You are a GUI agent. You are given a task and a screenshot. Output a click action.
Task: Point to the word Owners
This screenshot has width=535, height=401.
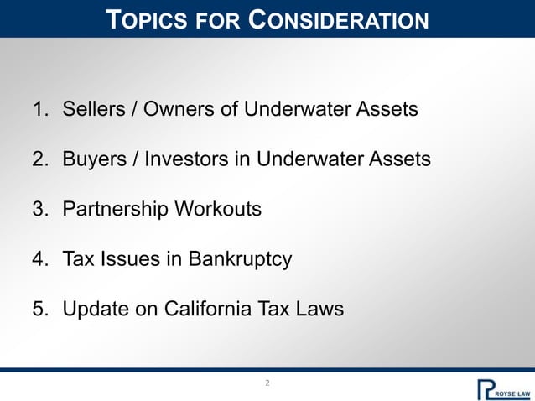pyautogui.click(x=170, y=109)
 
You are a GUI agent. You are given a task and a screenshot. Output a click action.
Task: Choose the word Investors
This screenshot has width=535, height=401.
pyautogui.click(x=178, y=159)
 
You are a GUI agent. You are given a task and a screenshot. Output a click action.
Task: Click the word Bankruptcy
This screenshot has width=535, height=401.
pyautogui.click(x=240, y=259)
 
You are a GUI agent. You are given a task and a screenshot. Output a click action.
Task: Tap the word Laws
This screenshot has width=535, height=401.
pyautogui.click(x=320, y=309)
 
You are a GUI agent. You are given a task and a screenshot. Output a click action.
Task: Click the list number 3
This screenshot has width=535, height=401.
pyautogui.click(x=39, y=209)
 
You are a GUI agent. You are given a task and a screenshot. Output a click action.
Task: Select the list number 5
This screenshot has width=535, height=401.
pyautogui.click(x=39, y=309)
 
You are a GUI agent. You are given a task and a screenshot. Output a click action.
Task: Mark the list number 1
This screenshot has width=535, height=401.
pyautogui.click(x=39, y=109)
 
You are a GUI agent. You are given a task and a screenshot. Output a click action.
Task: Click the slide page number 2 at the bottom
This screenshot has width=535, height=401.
pyautogui.click(x=267, y=383)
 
